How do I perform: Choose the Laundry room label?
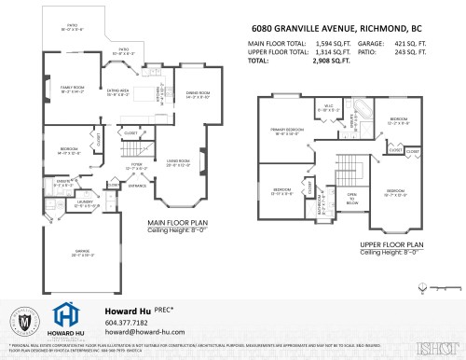85,204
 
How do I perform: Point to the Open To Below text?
353,198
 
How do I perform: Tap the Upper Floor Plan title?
391,245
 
